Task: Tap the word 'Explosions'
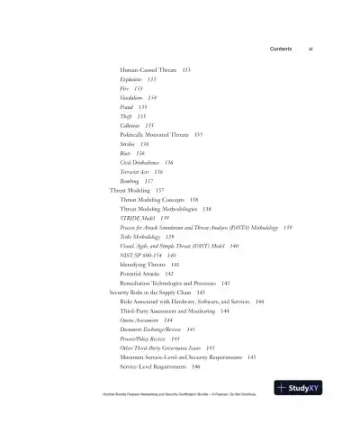(132, 79)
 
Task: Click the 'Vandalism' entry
(132, 97)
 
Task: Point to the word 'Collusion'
(132, 125)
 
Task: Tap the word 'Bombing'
(130, 181)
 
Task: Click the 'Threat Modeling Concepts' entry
(153, 199)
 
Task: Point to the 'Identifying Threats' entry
(143, 265)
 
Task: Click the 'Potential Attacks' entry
(140, 274)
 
